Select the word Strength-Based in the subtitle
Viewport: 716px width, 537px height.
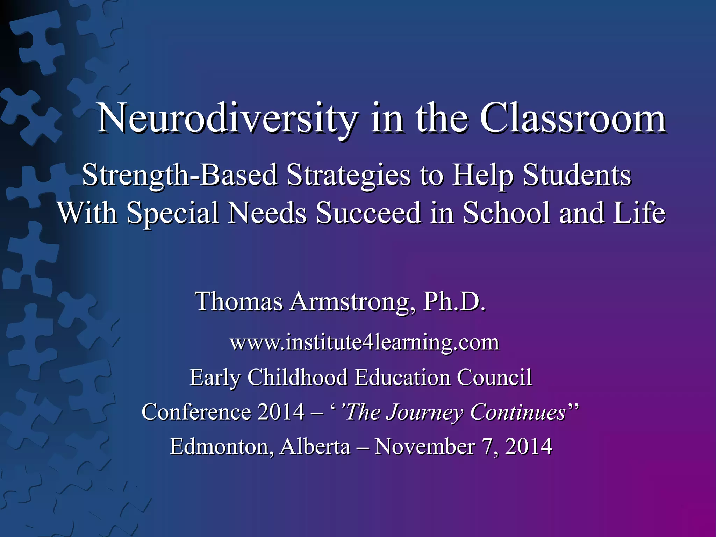[180, 175]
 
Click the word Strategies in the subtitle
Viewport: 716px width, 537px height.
[348, 175]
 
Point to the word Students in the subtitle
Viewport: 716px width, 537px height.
[577, 175]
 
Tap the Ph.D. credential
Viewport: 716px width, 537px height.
[454, 301]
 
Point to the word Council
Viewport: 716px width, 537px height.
[494, 377]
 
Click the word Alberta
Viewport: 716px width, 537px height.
[315, 446]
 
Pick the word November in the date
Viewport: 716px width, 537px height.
[424, 446]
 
